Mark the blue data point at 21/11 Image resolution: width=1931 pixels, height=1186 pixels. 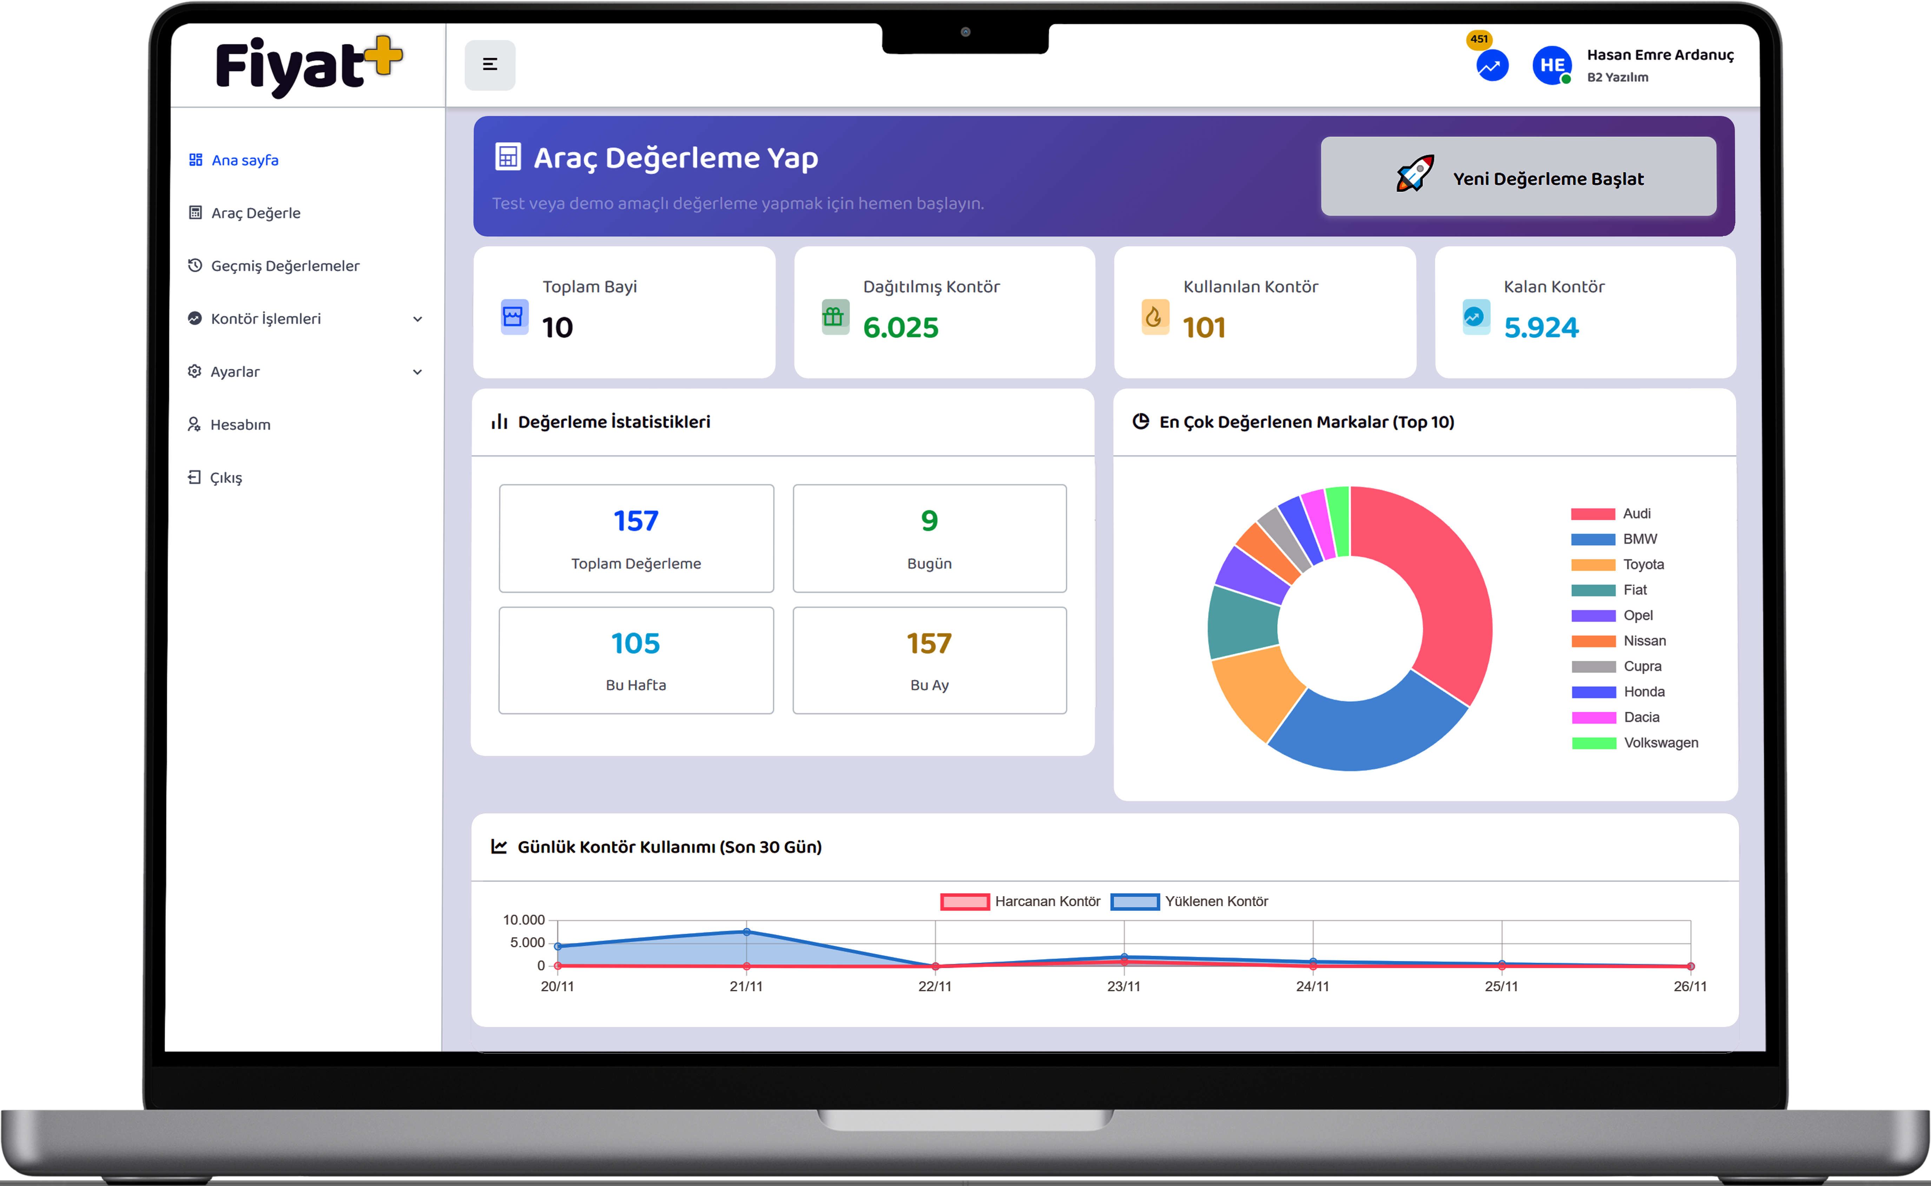[x=747, y=932]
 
